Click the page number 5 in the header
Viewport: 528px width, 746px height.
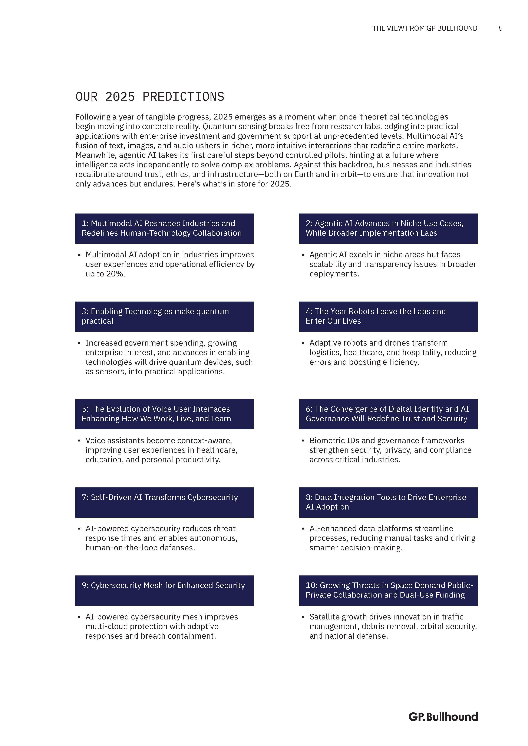tap(500, 28)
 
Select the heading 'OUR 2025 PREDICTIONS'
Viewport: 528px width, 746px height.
tap(150, 97)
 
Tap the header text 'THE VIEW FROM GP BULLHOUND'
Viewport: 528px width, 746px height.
tap(425, 28)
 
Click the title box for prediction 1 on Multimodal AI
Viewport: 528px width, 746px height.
tap(164, 228)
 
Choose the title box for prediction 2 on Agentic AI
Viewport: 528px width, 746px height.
tap(388, 228)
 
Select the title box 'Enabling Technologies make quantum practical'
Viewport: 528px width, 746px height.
tap(164, 316)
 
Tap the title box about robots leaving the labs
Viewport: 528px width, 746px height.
tap(388, 316)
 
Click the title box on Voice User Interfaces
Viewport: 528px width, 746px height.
tap(164, 414)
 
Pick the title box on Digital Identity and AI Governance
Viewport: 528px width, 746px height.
tap(388, 414)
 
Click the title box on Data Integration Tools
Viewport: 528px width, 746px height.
tap(388, 502)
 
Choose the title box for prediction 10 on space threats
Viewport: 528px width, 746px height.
tap(388, 590)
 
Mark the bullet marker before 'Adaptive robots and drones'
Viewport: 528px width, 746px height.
tap(303, 343)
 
